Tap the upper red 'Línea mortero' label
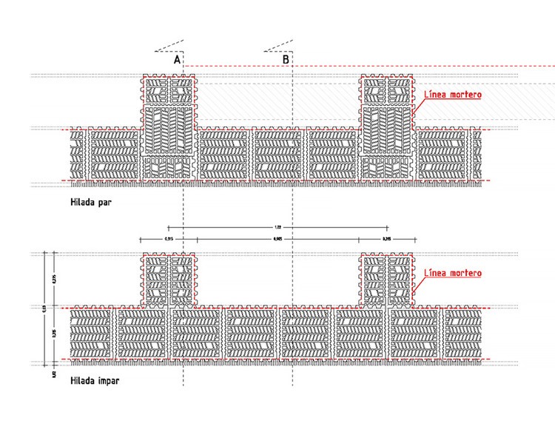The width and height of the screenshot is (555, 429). (x=452, y=95)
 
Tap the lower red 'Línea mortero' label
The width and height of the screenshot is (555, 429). (x=452, y=273)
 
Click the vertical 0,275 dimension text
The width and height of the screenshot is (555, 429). (x=54, y=280)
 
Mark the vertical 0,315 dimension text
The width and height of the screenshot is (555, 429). (x=54, y=334)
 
